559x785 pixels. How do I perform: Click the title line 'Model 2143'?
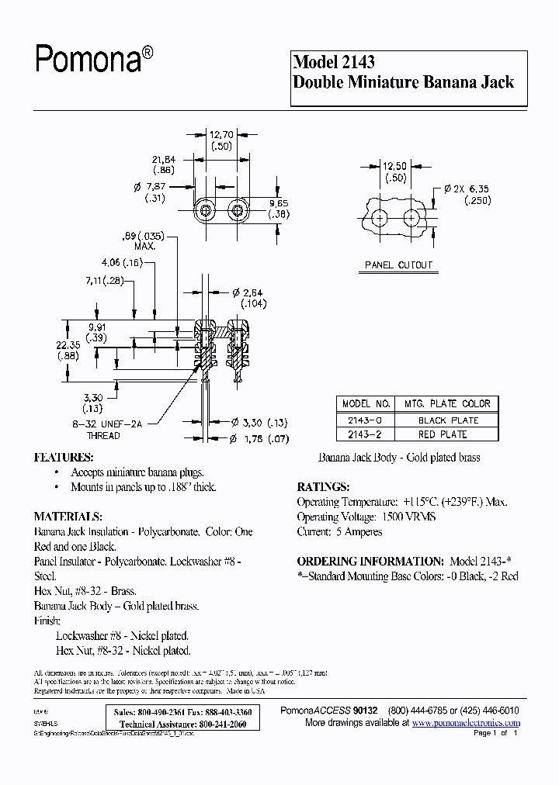point(334,63)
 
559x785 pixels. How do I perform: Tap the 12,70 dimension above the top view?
point(221,134)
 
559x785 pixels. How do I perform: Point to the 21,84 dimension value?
point(164,160)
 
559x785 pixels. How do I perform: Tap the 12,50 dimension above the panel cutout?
point(395,166)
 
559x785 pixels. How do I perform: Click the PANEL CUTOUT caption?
point(398,265)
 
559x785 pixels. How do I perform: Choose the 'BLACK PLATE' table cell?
point(448,420)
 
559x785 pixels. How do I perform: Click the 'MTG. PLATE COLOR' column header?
point(448,404)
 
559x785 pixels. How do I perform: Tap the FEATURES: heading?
point(64,458)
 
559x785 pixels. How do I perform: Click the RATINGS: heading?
point(323,487)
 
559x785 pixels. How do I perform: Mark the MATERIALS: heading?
point(68,517)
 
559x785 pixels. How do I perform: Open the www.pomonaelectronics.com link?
point(466,723)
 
